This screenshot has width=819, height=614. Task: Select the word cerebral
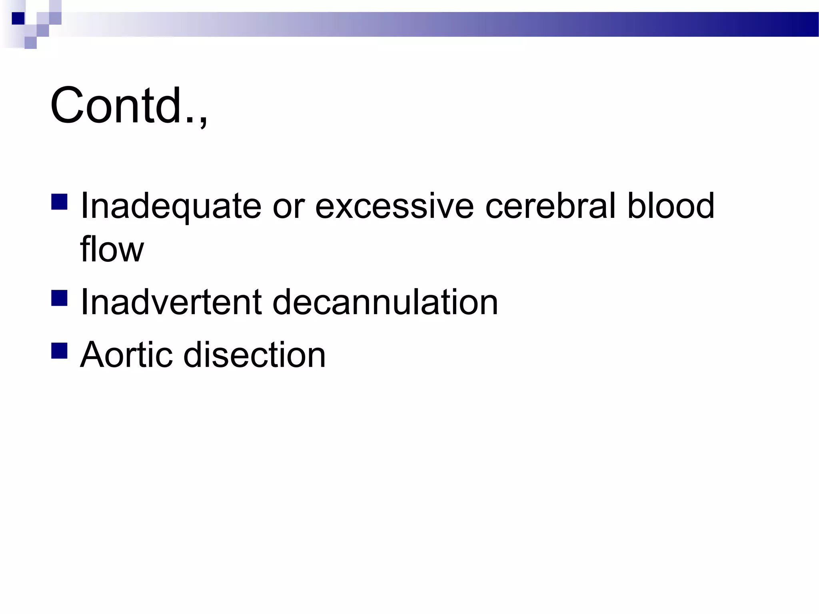tap(550, 206)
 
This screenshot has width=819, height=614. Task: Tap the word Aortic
tap(126, 355)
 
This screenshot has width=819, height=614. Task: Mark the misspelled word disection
tap(254, 355)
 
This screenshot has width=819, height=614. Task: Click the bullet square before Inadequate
tap(59, 202)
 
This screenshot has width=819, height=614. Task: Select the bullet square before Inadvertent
tap(59, 298)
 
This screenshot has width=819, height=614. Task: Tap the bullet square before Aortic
tap(59, 351)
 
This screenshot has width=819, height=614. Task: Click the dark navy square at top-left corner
tap(18, 18)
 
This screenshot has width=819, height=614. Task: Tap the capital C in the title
tap(66, 106)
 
